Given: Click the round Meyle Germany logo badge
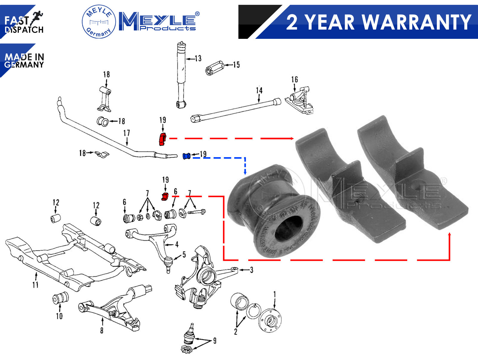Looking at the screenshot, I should tap(99, 22).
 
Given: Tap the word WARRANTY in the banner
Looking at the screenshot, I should tap(417, 22).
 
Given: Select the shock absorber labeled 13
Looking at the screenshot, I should tap(181, 75).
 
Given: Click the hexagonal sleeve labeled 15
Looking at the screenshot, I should tap(215, 68).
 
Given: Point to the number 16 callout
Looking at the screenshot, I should tap(295, 79).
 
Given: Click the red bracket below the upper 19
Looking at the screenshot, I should tap(162, 139).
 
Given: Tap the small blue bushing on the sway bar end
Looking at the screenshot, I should tap(186, 156).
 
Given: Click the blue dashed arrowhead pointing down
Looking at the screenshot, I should tap(245, 172).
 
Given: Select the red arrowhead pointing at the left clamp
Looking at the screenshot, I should tap(292, 138).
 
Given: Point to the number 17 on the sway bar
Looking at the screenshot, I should tap(127, 133).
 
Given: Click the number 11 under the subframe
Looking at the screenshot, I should tap(36, 285).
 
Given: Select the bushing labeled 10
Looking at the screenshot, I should tap(60, 298).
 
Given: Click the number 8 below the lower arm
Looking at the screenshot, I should tap(102, 330).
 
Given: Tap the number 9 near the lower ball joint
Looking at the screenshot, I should tap(215, 341).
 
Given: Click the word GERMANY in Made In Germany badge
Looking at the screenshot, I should tap(24, 65).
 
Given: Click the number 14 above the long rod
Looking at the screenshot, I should tap(259, 90).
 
